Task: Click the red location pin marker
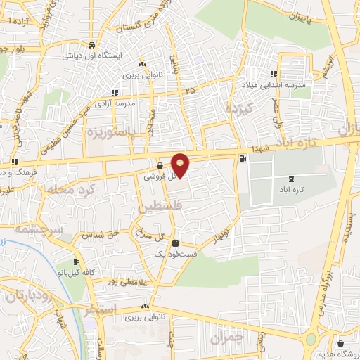tap(181, 165)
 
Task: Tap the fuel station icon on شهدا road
tap(243, 158)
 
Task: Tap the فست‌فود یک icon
tap(175, 243)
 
